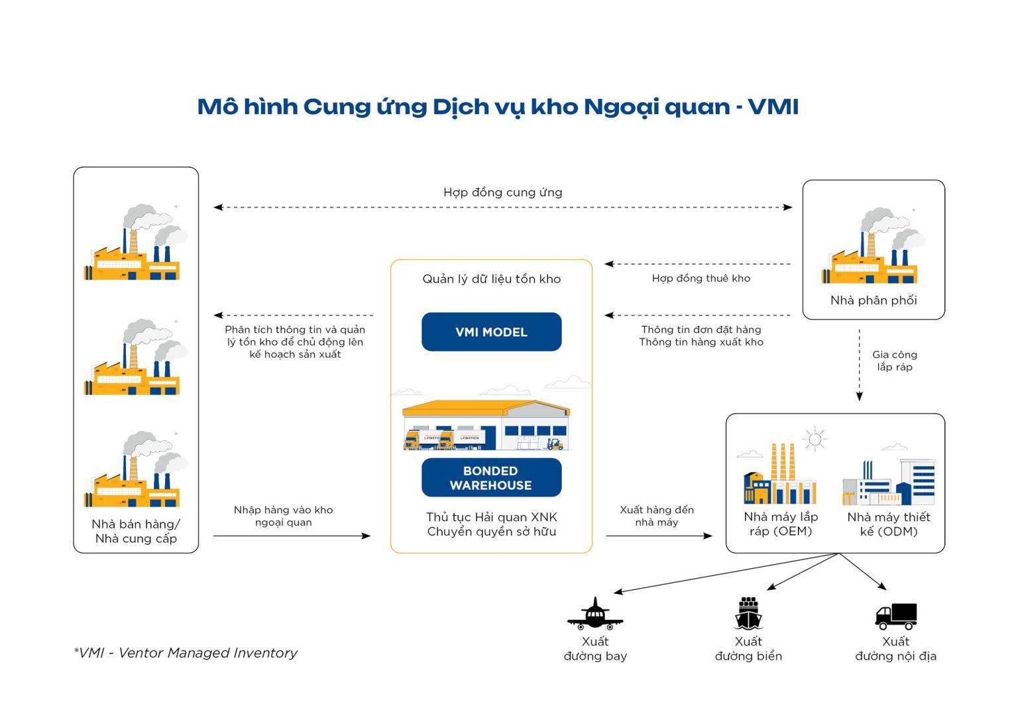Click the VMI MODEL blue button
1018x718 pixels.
click(x=491, y=331)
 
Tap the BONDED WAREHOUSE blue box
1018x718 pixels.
click(x=491, y=477)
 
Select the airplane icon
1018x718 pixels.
click(x=594, y=614)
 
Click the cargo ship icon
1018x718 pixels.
click(x=748, y=613)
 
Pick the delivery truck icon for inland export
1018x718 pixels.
click(x=895, y=615)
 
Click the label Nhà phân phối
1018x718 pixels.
click(x=874, y=300)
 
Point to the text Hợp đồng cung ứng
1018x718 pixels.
click(x=502, y=192)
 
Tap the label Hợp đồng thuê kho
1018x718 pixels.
click(x=701, y=278)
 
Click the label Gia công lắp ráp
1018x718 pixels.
click(x=894, y=361)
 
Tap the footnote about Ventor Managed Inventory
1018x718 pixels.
click(x=186, y=653)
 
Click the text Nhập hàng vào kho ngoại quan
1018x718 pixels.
click(x=283, y=516)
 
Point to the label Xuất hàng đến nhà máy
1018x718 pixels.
click(x=656, y=516)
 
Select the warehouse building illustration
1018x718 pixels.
click(x=486, y=426)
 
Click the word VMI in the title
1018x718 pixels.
click(x=773, y=107)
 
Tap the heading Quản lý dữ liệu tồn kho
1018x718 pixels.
click(x=491, y=279)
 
